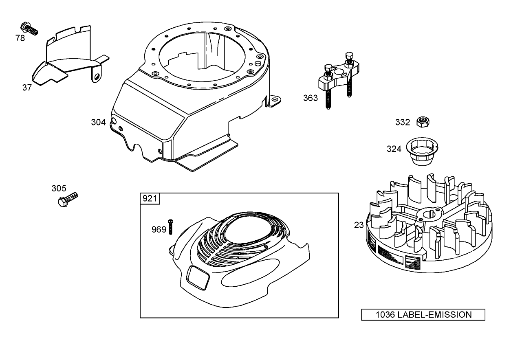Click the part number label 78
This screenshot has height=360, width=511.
click(x=20, y=38)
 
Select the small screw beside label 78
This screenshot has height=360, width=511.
click(x=30, y=28)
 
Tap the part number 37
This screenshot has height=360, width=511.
click(x=27, y=88)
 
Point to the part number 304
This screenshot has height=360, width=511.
click(x=98, y=122)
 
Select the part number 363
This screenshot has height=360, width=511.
click(x=311, y=98)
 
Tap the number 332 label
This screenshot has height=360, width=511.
click(x=403, y=122)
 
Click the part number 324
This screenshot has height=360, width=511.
click(x=394, y=149)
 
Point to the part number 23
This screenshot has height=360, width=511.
click(x=359, y=225)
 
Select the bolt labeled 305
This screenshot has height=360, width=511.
click(x=67, y=200)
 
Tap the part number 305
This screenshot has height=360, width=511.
click(x=59, y=188)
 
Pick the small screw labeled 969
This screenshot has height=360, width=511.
click(x=171, y=226)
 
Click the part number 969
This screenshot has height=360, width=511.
click(x=159, y=230)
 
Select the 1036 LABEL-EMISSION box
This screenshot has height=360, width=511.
click(x=423, y=315)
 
